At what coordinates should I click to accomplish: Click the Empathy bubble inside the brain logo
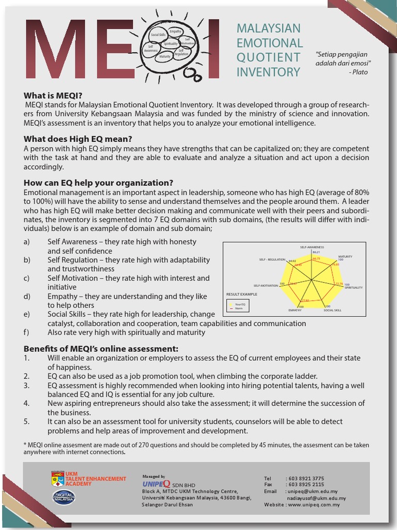[x=175, y=32]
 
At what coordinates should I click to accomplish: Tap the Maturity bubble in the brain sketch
[x=165, y=56]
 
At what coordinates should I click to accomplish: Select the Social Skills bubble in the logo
[x=158, y=35]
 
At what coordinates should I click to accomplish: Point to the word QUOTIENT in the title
[x=268, y=57]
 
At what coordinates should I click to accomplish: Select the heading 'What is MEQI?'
[x=53, y=95]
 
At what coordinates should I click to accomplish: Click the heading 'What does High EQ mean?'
[x=78, y=139]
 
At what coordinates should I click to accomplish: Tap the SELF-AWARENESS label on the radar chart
[x=312, y=247]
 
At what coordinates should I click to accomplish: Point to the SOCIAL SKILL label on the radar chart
[x=332, y=310]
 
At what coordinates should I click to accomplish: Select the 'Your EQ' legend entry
[x=239, y=304]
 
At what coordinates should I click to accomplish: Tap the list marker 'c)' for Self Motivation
[x=27, y=278]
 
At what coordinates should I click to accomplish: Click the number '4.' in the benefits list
[x=27, y=403]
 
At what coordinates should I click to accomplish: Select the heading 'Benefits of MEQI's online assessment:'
[x=101, y=348]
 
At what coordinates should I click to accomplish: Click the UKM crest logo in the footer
[x=57, y=479]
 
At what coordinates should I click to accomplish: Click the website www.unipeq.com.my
[x=314, y=505]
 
